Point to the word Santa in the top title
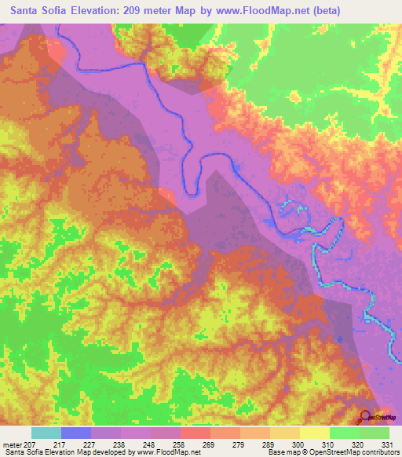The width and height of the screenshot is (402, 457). pos(30,12)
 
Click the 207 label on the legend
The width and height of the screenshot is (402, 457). pos(28,444)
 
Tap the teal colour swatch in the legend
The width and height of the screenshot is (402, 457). pos(46,433)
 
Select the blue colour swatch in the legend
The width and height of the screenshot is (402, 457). pos(76,433)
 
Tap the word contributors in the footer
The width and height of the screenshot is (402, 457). pos(377,452)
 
